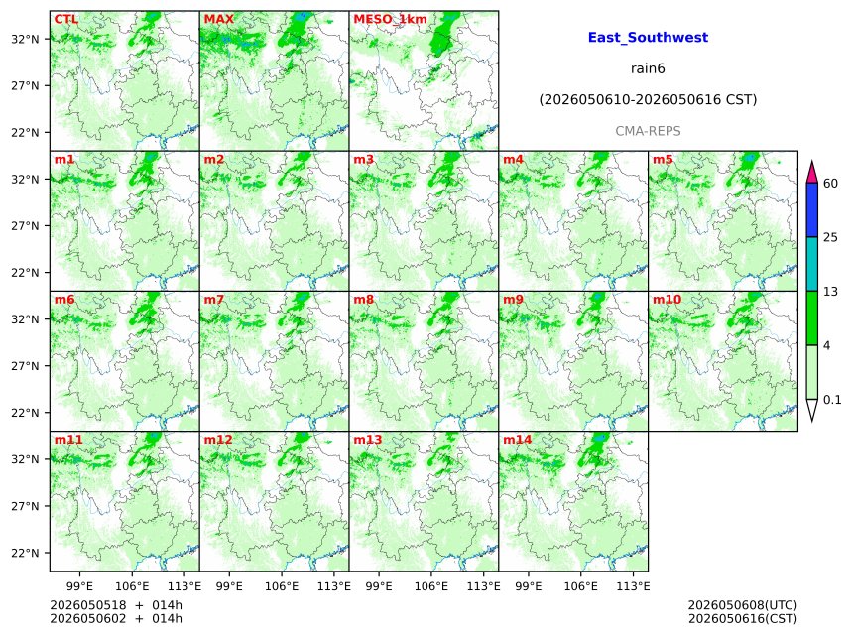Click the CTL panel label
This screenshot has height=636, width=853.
[x=66, y=19]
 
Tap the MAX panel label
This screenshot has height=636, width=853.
[x=218, y=19]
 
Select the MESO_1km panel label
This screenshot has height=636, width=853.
[x=390, y=20]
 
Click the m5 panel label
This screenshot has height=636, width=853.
[x=663, y=160]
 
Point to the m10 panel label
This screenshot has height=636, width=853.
[x=667, y=300]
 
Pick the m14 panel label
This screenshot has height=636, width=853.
[x=518, y=440]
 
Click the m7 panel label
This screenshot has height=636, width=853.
[x=214, y=300]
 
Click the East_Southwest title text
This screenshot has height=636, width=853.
[x=648, y=38]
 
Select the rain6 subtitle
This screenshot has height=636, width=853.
[x=648, y=68]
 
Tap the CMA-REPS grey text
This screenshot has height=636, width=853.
[x=648, y=131]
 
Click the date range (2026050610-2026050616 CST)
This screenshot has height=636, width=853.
[x=648, y=100]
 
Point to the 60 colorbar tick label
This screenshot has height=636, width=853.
[x=831, y=183]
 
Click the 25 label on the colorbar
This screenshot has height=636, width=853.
[x=831, y=237]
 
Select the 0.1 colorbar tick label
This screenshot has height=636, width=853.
[x=832, y=400]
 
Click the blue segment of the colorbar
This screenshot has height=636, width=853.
[x=812, y=210]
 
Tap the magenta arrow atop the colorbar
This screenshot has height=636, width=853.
[x=812, y=173]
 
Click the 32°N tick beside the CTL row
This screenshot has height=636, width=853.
[x=26, y=39]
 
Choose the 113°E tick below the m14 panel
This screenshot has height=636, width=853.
[x=634, y=586]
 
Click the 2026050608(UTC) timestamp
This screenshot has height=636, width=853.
[x=743, y=605]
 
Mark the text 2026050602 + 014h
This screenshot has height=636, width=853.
[x=116, y=619]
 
